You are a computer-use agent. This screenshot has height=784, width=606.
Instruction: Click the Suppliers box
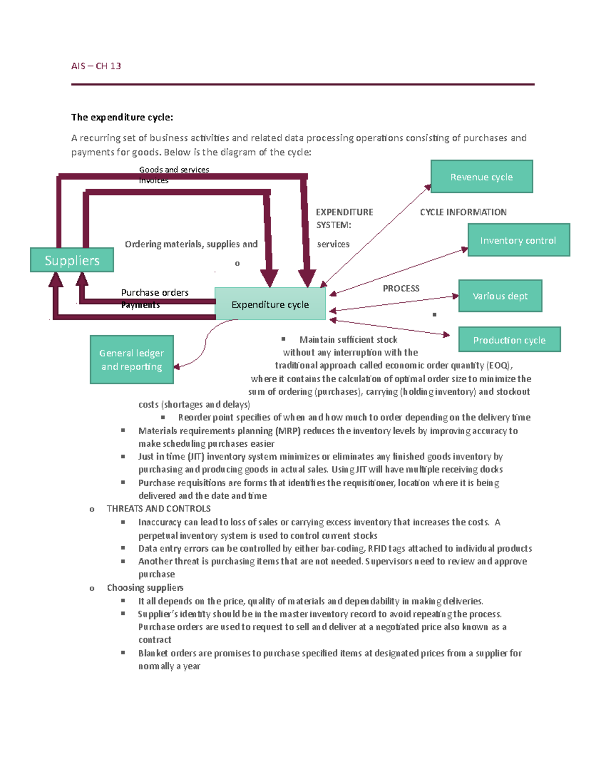[72, 260]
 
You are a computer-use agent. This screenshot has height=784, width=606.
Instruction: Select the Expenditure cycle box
[270, 304]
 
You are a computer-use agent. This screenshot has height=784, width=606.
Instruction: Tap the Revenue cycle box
[481, 177]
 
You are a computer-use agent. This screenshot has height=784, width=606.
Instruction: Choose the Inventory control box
[518, 240]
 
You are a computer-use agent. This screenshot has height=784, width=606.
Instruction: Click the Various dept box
[500, 296]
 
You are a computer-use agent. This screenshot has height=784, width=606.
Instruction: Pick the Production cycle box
[509, 340]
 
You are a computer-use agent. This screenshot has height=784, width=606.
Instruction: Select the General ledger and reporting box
[132, 359]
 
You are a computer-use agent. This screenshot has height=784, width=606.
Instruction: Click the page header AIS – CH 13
[96, 66]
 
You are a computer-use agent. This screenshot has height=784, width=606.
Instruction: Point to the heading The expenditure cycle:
[122, 117]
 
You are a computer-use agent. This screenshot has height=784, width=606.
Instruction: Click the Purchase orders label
[155, 292]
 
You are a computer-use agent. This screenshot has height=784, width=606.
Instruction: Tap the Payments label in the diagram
[140, 305]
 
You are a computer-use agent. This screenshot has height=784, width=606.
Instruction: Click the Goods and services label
[174, 170]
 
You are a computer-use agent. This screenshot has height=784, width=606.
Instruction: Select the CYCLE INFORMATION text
[463, 212]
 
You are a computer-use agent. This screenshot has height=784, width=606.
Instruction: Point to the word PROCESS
[401, 288]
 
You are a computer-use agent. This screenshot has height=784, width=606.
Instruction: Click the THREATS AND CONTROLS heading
[159, 508]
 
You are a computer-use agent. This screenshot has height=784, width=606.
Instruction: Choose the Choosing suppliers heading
[145, 588]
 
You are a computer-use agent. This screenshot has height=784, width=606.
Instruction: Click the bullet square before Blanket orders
[123, 652]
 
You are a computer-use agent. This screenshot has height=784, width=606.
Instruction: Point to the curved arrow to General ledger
[206, 343]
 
